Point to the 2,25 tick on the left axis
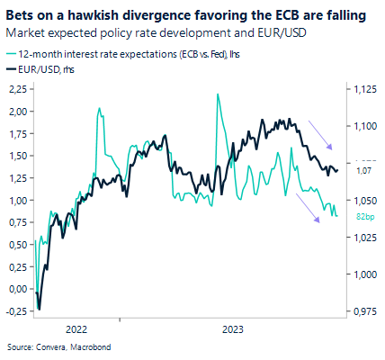(17, 89)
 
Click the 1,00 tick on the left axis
(17, 200)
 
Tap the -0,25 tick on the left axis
(15, 310)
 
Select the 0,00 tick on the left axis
(17, 289)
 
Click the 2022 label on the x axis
(76, 329)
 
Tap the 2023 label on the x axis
(232, 329)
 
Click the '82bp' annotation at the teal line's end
(364, 218)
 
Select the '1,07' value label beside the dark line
(364, 170)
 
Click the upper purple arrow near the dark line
(321, 134)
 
